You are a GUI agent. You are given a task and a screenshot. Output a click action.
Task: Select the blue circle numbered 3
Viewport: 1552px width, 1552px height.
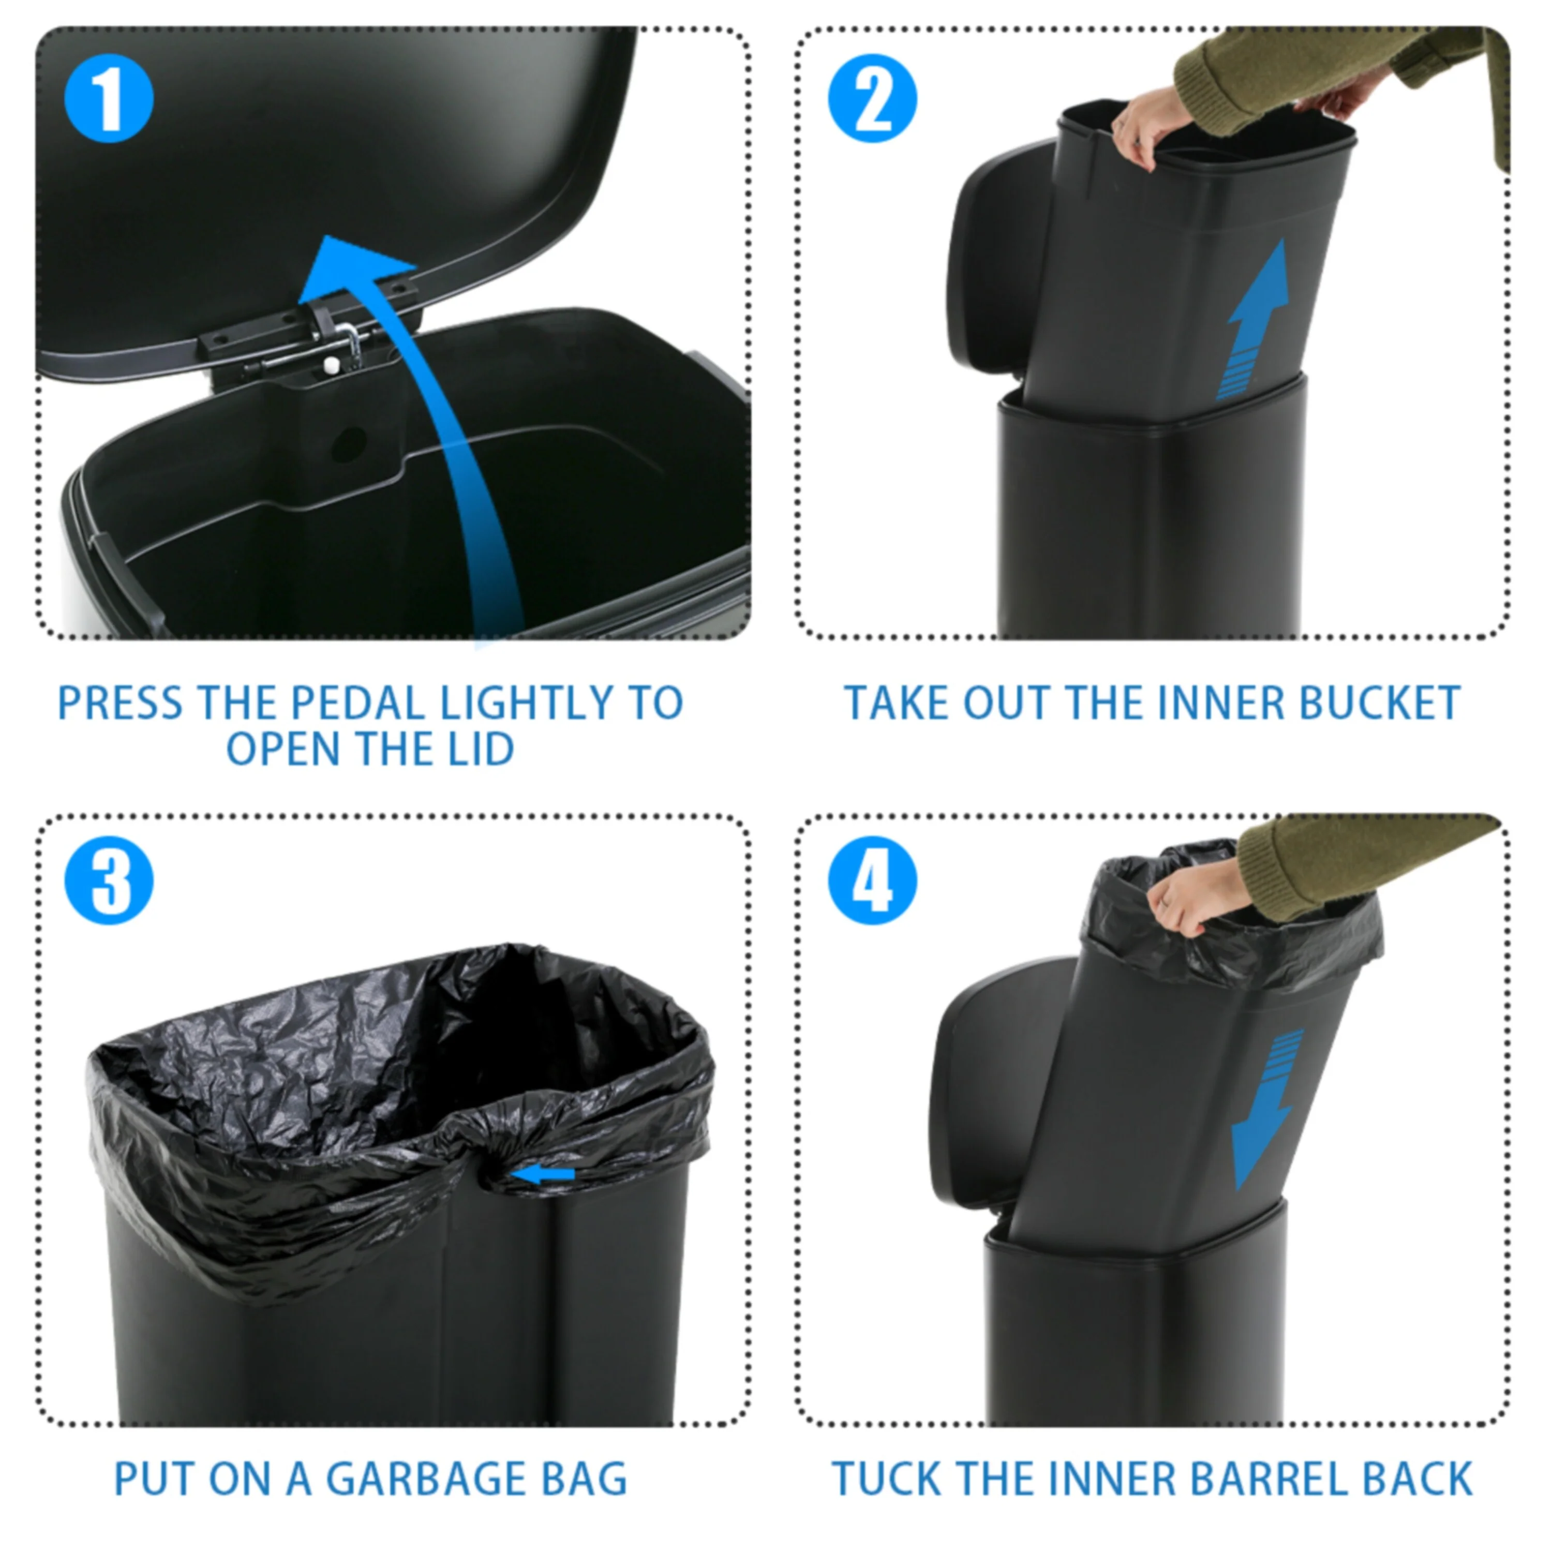coord(109,881)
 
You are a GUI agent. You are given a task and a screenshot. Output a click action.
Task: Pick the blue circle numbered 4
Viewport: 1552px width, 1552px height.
coord(872,881)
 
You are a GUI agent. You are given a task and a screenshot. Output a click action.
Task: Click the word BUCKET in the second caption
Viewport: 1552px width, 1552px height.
coord(1379,704)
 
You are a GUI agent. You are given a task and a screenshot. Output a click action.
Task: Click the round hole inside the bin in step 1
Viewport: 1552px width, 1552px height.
coord(349,444)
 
